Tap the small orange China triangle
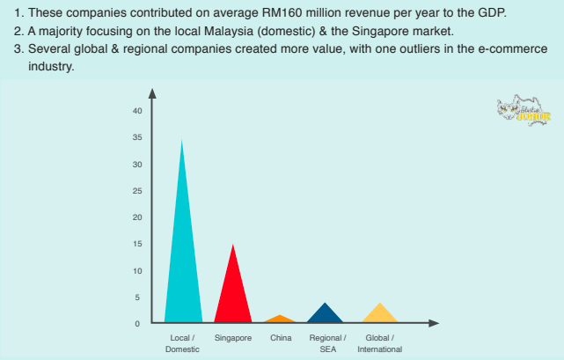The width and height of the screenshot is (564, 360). (280, 319)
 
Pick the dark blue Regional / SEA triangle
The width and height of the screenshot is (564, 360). (327, 314)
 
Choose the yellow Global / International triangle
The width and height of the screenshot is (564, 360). (379, 314)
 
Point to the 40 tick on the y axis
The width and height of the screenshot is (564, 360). (137, 111)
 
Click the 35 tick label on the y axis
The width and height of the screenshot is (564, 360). (137, 137)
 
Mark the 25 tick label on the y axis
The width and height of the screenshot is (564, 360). (137, 191)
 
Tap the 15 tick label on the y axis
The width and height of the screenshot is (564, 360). (137, 244)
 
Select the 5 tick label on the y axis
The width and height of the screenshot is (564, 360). (137, 298)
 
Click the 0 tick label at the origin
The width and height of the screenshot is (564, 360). (137, 324)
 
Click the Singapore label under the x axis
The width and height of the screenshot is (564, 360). (232, 338)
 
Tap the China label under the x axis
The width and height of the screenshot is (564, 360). (281, 338)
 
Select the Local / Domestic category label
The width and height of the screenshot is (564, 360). (182, 343)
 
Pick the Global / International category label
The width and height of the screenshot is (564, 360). (379, 343)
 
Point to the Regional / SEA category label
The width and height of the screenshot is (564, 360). (328, 343)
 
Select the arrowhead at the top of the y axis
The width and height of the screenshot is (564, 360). (152, 92)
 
